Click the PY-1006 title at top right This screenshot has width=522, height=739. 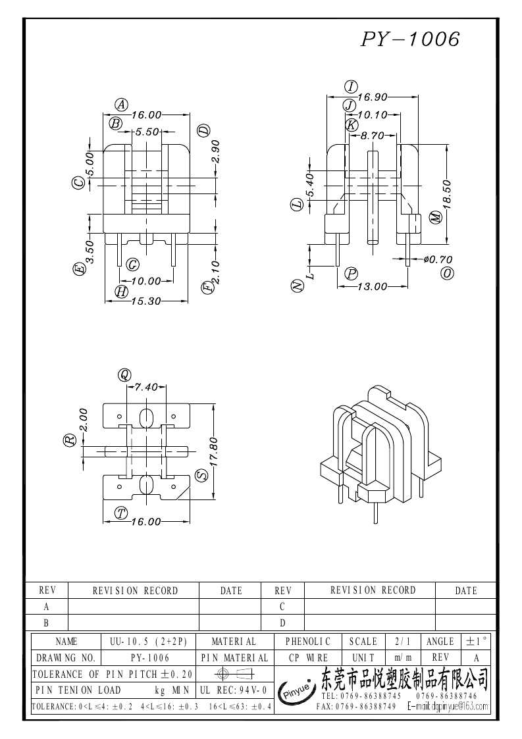click(409, 39)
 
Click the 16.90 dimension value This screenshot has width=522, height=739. click(372, 97)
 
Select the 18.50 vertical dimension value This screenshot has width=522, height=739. click(447, 194)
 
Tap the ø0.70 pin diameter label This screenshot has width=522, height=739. click(438, 260)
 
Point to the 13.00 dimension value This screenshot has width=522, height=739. click(372, 286)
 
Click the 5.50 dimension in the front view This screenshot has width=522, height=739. click(147, 132)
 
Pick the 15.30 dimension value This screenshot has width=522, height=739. click(147, 301)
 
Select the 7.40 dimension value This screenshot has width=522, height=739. click(146, 387)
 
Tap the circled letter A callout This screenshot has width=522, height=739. click(121, 103)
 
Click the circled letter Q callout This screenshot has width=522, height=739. click(124, 375)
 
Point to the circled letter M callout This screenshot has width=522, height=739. click(434, 218)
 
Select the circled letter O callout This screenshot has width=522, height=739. click(448, 273)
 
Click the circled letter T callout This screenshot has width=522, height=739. click(120, 513)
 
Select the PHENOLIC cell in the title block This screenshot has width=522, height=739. click(308, 642)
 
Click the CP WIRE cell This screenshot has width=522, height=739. click(308, 657)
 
